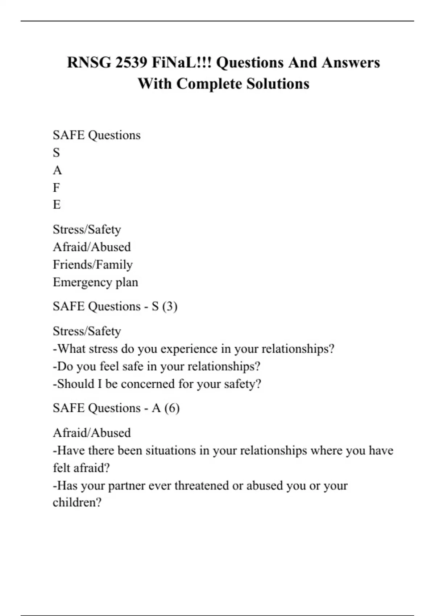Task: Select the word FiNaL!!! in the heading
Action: [182, 62]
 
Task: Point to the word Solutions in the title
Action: [278, 84]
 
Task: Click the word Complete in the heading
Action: [209, 84]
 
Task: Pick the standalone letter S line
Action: [56, 153]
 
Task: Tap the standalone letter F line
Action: [56, 188]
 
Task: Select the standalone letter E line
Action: [57, 205]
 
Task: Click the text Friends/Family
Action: [93, 265]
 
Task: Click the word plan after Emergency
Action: [127, 282]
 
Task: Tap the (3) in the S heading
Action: [170, 307]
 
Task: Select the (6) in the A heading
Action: [172, 408]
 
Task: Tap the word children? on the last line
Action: [77, 503]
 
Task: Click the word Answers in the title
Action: [351, 62]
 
